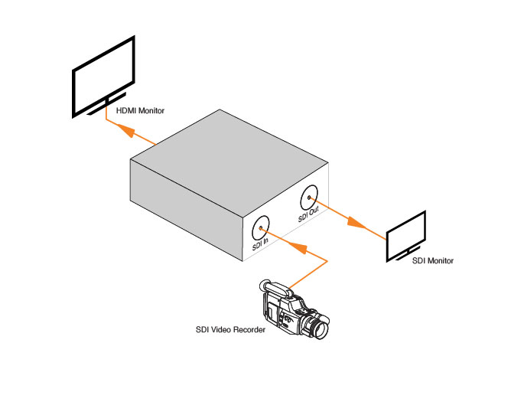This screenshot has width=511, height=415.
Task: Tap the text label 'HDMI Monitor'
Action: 141,111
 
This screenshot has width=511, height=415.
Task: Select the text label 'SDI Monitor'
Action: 433,261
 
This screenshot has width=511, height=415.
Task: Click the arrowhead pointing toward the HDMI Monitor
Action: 127,132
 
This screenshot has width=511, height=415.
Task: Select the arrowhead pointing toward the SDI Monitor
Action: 353,222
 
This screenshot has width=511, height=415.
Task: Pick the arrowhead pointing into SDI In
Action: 299,248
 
